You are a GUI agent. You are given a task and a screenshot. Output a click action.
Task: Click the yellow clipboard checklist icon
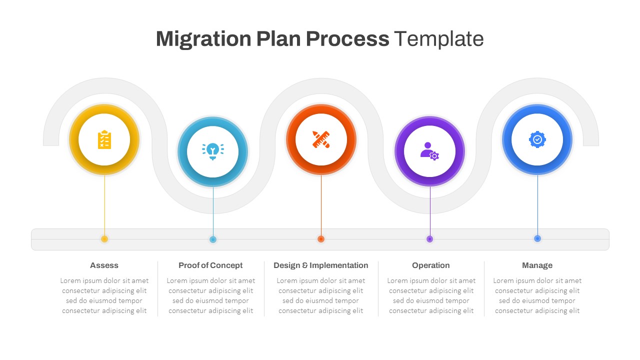[104, 140]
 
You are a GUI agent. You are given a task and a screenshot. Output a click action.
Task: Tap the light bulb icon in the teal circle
[213, 151]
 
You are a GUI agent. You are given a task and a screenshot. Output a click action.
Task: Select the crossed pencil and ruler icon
[321, 139]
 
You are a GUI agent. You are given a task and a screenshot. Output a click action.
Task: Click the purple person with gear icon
[429, 151]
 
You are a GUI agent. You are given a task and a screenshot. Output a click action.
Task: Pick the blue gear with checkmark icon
[537, 139]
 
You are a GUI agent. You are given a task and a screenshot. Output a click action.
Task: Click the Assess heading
[104, 265]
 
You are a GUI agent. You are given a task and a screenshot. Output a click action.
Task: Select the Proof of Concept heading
[210, 265]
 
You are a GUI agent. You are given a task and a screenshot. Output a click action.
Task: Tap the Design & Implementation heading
[320, 265]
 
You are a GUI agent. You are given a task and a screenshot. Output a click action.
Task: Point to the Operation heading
[430, 265]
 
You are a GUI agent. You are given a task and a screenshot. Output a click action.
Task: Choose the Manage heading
[537, 265]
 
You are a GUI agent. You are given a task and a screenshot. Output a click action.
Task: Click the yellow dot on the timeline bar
[104, 239]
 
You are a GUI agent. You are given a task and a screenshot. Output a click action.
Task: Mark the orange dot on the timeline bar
[321, 239]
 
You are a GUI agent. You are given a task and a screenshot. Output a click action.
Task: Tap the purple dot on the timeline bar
[429, 239]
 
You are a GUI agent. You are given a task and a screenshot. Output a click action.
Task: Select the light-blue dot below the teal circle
[213, 239]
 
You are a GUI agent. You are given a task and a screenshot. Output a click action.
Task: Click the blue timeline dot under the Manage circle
[537, 238]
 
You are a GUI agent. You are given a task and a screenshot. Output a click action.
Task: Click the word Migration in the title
[203, 39]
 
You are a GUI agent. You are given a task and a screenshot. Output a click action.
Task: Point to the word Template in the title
[438, 39]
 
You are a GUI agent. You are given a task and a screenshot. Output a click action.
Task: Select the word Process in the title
[347, 39]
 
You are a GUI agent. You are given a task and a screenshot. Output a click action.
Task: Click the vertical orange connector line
[321, 205]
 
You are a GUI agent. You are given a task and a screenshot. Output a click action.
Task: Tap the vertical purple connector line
[430, 210]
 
